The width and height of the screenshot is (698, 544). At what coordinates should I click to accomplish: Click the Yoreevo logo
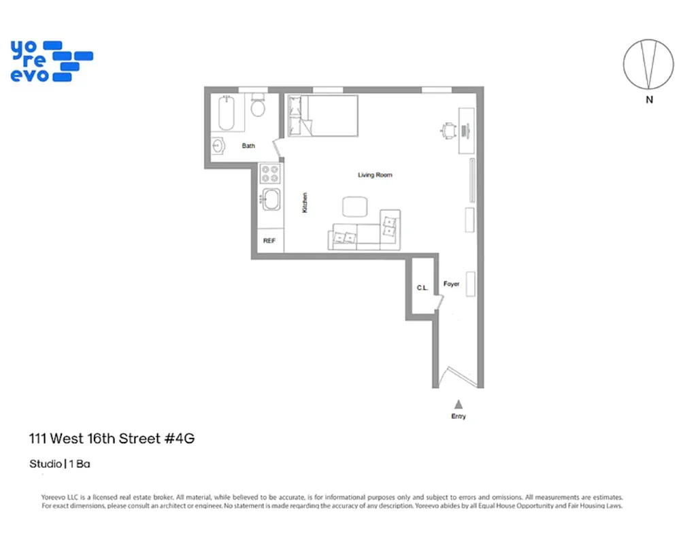tap(52, 62)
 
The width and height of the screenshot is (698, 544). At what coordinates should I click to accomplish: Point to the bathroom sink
tap(218, 146)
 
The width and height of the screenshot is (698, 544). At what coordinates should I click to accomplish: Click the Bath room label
tap(248, 146)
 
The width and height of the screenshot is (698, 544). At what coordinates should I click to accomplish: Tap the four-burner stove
tap(271, 174)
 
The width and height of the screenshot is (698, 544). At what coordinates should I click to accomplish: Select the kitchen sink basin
tap(271, 201)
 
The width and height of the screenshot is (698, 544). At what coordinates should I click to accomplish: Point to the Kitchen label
tap(305, 202)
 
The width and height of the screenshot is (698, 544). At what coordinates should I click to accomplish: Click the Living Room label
tap(375, 175)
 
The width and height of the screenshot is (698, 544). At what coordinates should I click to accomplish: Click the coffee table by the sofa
tap(354, 207)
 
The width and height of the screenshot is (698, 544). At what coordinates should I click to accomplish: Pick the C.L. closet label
tap(422, 288)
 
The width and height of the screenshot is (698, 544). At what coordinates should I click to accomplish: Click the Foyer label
tap(451, 284)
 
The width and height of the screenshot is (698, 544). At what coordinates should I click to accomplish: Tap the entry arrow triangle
tap(459, 404)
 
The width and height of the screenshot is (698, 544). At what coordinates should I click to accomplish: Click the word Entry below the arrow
tap(459, 416)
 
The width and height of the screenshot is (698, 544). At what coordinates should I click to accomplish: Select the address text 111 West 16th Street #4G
tap(112, 439)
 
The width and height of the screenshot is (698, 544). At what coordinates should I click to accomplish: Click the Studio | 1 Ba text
tap(60, 464)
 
